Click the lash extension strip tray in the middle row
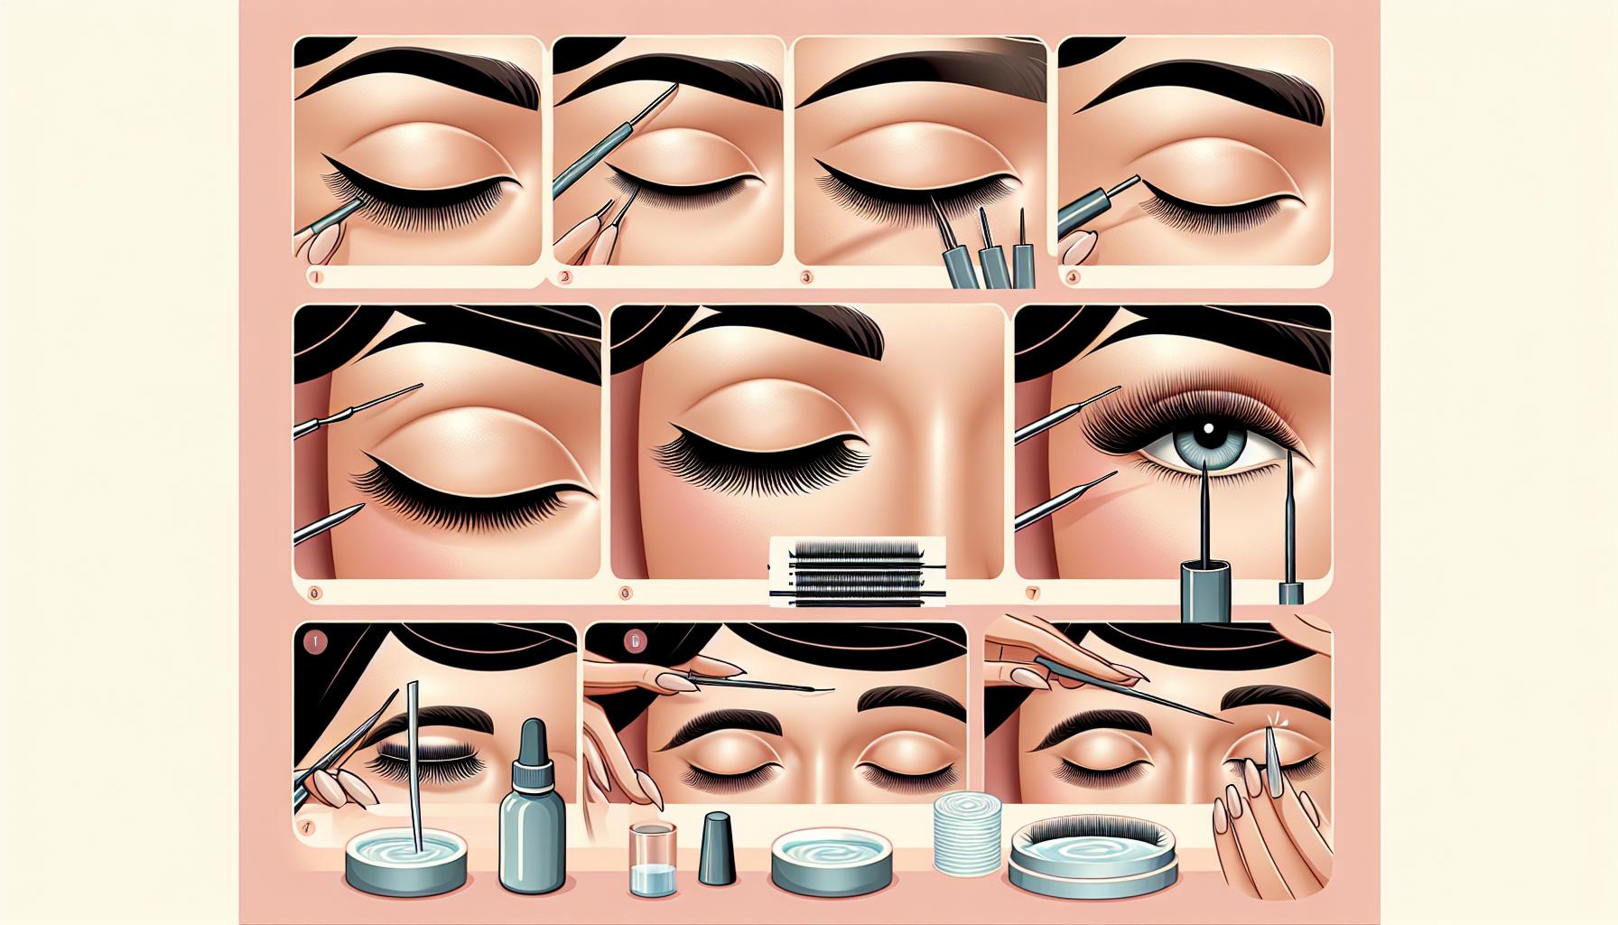click(857, 570)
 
